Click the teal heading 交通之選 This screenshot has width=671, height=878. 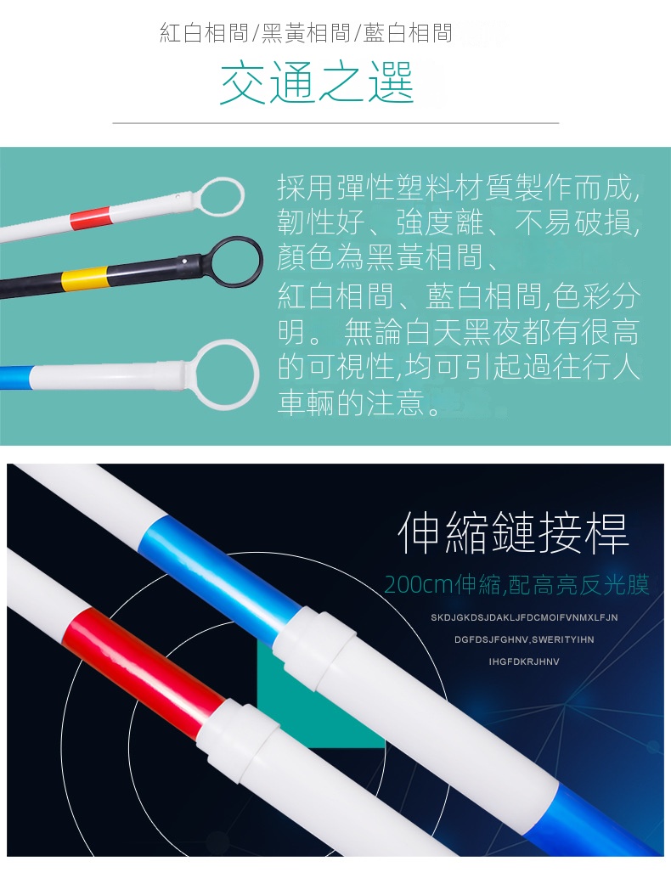(x=317, y=82)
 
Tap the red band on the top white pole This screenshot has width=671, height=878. (x=90, y=217)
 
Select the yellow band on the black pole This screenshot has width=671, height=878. (x=84, y=278)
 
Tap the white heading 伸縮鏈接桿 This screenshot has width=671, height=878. (x=514, y=532)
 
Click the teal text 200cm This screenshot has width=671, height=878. (x=419, y=584)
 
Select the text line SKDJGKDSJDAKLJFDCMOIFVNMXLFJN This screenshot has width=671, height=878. (x=524, y=617)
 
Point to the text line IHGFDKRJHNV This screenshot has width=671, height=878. (x=524, y=661)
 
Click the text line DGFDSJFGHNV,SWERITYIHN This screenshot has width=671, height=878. (x=524, y=639)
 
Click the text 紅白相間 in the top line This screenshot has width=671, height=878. (x=204, y=33)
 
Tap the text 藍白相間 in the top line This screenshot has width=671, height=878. (x=408, y=33)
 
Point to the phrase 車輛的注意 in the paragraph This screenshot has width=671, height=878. (x=351, y=402)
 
